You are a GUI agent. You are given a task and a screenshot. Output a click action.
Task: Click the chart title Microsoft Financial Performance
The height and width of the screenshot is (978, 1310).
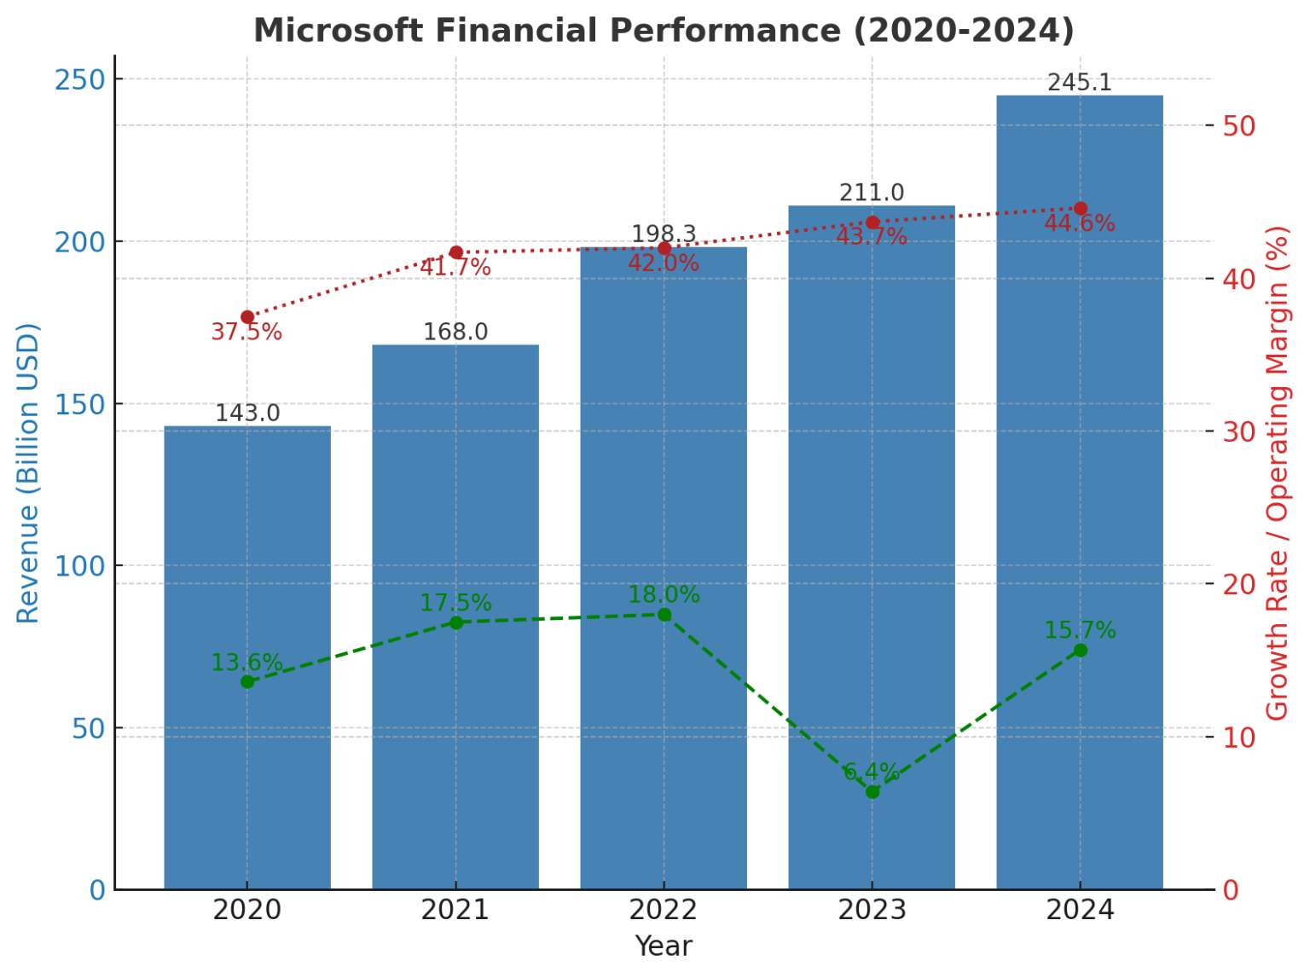coord(664,31)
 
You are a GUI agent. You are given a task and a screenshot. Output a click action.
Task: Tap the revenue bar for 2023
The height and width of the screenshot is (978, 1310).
coord(872,546)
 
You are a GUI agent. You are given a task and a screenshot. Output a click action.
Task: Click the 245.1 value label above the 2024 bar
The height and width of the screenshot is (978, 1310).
coord(1080,83)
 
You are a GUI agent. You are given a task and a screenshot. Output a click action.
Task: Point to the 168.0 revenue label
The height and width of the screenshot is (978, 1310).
coord(455,332)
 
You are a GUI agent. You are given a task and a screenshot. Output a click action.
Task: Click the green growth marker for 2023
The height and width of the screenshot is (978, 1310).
coord(872,792)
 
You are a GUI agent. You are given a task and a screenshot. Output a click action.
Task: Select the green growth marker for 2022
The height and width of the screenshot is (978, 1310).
coord(664,615)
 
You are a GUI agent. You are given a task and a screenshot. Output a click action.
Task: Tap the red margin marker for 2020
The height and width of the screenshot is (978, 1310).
coord(247,317)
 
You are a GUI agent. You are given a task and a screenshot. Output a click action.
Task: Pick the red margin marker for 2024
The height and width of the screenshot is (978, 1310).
coord(1081,209)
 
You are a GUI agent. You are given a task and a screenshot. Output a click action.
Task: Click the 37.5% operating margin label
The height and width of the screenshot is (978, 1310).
coord(246,333)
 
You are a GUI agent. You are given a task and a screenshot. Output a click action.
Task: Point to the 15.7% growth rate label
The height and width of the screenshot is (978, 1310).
coord(1080,631)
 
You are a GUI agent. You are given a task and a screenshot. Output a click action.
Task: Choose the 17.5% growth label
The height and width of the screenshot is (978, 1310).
coord(455,604)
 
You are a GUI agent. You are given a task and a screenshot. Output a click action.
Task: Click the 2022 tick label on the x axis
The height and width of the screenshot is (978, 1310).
coord(664,911)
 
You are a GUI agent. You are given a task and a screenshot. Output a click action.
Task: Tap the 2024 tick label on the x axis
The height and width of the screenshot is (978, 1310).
coord(1080,911)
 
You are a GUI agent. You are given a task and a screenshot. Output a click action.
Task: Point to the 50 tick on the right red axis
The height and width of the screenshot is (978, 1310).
coord(1239,126)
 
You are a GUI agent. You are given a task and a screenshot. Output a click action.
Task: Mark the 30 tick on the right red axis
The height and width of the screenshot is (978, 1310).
coord(1239,431)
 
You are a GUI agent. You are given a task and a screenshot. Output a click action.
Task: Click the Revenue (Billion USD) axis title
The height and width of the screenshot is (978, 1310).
coord(28,473)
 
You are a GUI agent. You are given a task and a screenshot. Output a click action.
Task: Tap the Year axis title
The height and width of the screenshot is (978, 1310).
coord(664,946)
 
